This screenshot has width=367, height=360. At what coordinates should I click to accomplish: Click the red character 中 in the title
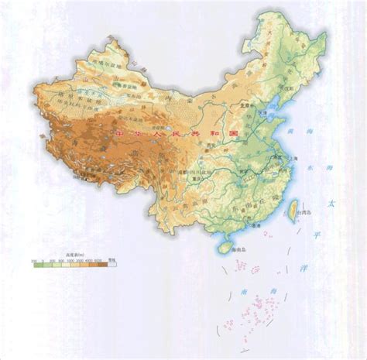118,133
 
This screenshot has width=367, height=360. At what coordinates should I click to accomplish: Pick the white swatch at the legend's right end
112,265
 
